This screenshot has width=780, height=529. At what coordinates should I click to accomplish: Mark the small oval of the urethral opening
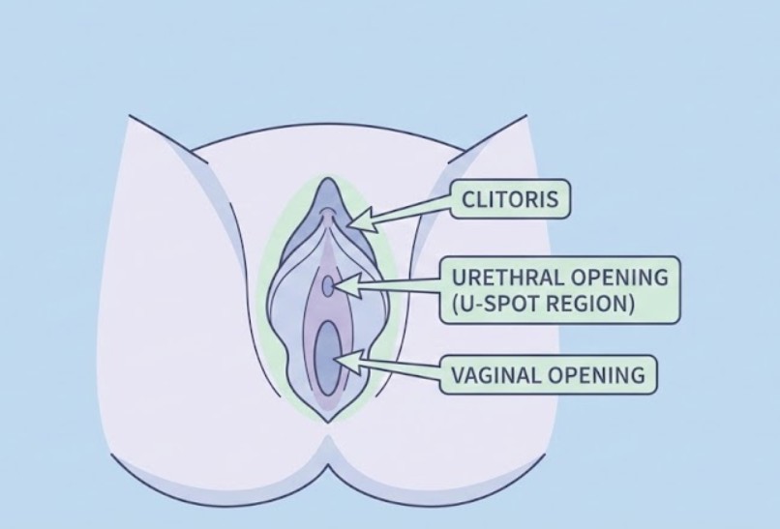pos(329,286)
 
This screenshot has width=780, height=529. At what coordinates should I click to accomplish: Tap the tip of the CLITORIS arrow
pos(347,226)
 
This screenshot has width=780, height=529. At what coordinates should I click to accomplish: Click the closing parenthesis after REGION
pos(630,304)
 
